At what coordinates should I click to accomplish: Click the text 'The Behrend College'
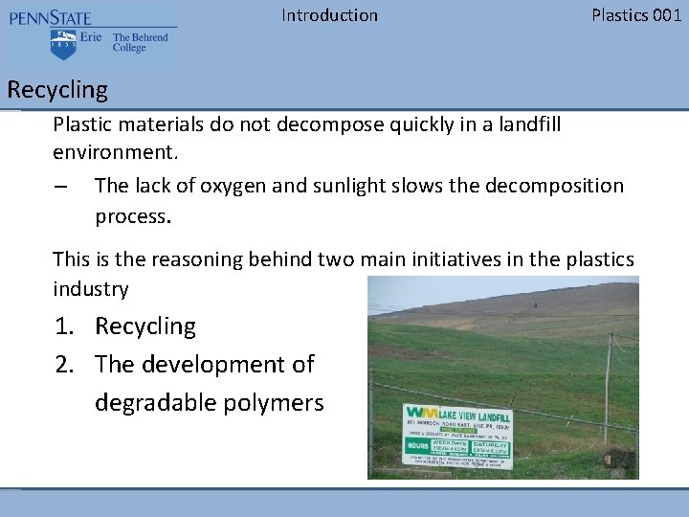[140, 43]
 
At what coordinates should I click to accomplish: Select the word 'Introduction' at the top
[329, 15]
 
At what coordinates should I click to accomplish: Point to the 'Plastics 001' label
[636, 15]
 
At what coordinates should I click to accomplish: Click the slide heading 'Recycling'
[57, 90]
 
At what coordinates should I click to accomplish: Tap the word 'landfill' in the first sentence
[527, 124]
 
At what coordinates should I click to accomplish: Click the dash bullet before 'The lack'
[60, 187]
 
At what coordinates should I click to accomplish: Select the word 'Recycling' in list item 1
[145, 326]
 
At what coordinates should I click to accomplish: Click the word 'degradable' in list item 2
[156, 403]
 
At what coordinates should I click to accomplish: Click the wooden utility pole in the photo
[610, 383]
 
